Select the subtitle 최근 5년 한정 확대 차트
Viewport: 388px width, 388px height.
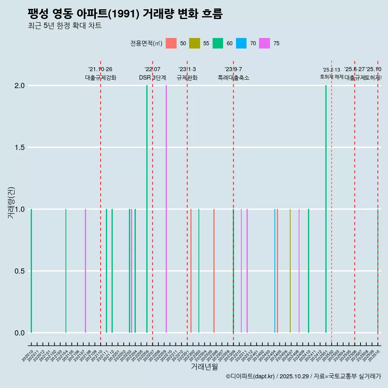(64, 26)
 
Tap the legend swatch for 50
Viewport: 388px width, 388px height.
(171, 43)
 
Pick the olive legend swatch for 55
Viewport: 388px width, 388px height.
(195, 43)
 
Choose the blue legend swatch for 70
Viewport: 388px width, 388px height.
(241, 43)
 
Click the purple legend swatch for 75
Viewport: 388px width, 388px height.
(265, 43)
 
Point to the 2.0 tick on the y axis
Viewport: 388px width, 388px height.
(20, 86)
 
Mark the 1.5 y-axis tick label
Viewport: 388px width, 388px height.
(20, 148)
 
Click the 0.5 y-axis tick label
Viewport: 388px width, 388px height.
(20, 271)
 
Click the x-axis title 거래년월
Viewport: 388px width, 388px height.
(204, 367)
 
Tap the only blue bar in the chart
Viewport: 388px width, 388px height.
(275, 271)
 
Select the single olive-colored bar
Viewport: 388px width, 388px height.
(290, 271)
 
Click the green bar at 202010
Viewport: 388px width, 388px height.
(31, 271)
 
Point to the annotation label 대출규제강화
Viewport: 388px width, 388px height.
(101, 78)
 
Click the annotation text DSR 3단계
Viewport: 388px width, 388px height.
(152, 78)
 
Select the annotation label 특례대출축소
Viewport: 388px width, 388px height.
(234, 78)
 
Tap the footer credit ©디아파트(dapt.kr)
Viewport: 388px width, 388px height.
(251, 376)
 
